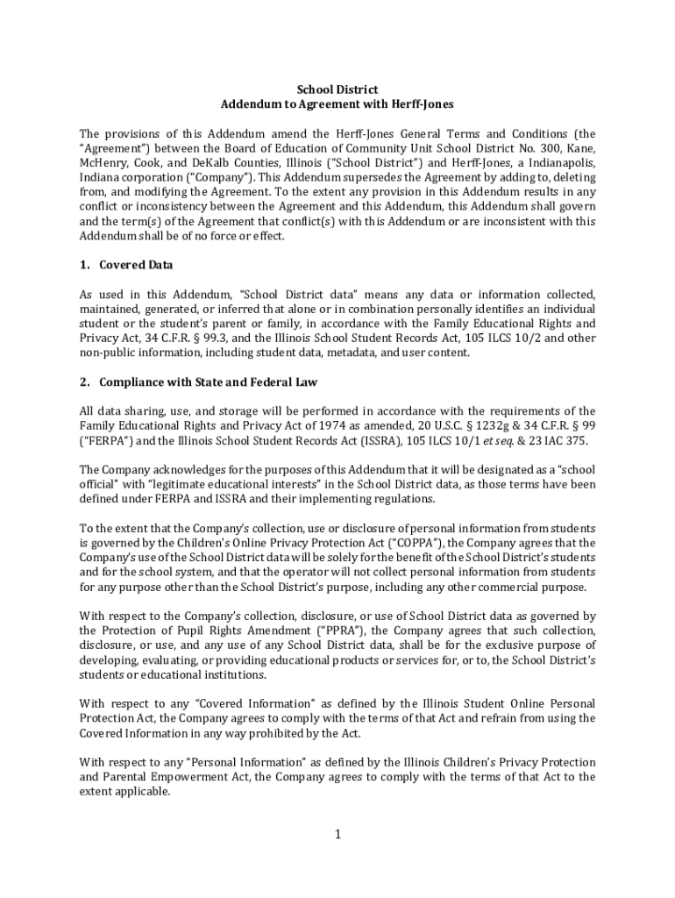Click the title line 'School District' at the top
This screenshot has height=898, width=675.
pyautogui.click(x=337, y=89)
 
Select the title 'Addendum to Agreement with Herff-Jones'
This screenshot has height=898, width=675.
pyautogui.click(x=337, y=104)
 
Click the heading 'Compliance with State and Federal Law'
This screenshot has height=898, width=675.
pyautogui.click(x=208, y=382)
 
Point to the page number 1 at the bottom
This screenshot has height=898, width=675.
pyautogui.click(x=337, y=834)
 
